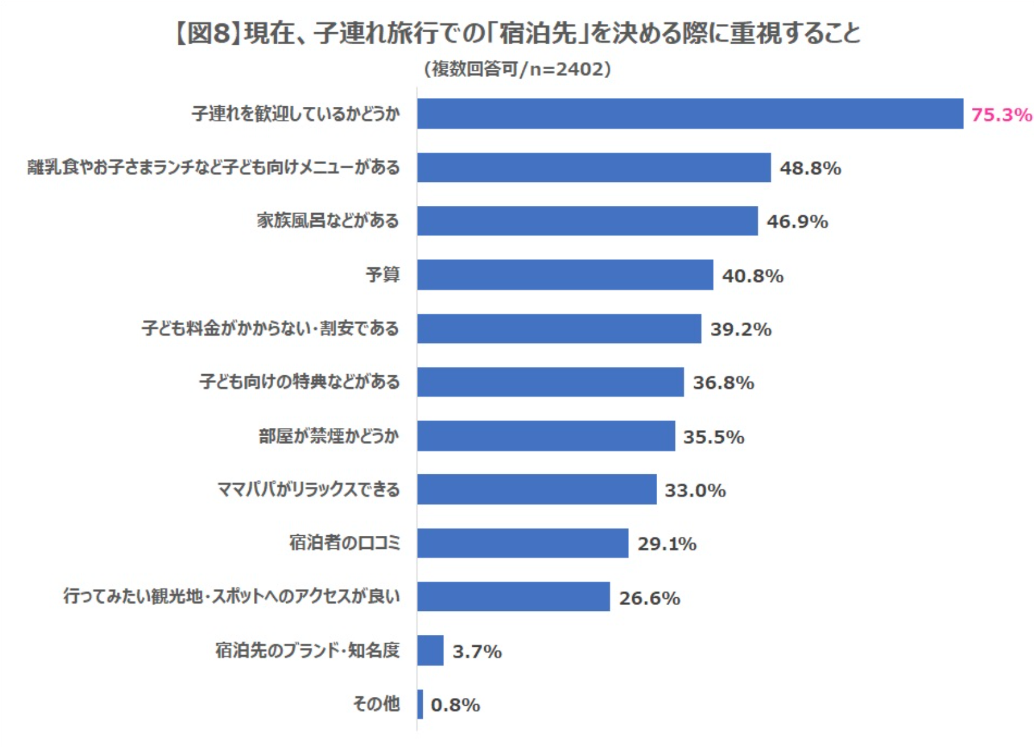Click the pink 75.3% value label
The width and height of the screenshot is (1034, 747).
[1001, 114]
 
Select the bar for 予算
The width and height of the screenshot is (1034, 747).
[565, 274]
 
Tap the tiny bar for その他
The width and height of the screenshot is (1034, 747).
[420, 704]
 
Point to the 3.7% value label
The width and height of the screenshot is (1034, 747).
[477, 651]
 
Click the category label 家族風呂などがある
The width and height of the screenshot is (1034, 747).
[328, 221]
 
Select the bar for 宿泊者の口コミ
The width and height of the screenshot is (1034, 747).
[522, 543]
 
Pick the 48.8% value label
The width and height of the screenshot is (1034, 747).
[810, 168]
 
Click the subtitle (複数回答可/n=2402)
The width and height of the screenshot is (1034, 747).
[517, 69]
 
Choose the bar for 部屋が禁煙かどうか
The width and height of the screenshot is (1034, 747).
[546, 436]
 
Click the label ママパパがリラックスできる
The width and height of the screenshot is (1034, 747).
[308, 489]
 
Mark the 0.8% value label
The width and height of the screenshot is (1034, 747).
[455, 705]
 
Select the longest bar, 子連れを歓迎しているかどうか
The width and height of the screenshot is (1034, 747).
[690, 113]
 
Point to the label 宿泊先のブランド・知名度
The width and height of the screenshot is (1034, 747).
[307, 650]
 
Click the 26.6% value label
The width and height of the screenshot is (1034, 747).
[649, 597]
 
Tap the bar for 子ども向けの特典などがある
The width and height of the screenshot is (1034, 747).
[550, 382]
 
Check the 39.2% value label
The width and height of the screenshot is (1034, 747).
[741, 329]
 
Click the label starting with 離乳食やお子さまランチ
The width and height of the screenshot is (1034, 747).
[213, 167]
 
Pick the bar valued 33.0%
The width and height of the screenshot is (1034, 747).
[537, 489]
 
